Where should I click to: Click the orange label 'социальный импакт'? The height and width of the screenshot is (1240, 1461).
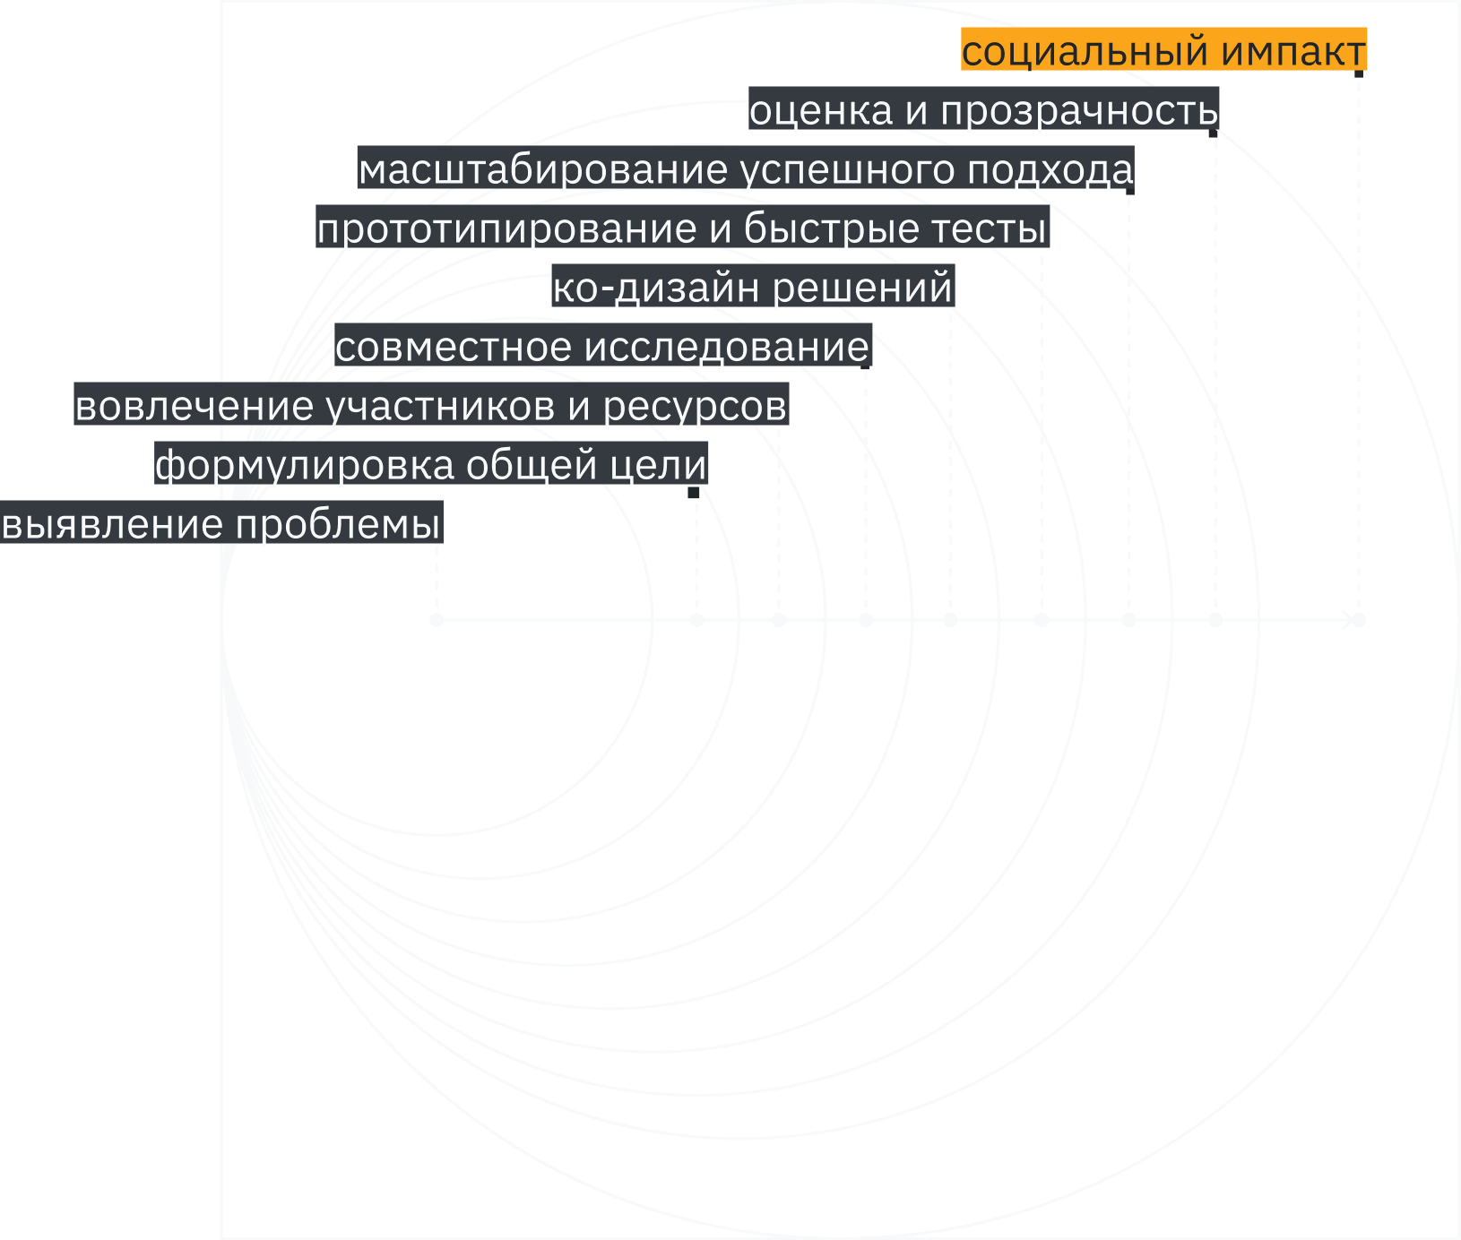(x=1163, y=50)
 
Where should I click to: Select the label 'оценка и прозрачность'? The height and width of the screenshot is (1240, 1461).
(x=983, y=109)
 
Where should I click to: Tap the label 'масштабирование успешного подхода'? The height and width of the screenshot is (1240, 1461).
(x=746, y=169)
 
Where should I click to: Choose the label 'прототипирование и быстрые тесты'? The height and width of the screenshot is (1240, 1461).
(x=681, y=228)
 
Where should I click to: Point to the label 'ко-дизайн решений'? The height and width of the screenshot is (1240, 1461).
(x=752, y=288)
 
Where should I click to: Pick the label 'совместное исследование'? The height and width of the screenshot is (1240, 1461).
(x=602, y=347)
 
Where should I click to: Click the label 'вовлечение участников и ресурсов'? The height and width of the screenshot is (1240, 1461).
(x=430, y=406)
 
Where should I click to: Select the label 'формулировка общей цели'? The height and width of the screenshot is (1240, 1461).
(x=431, y=465)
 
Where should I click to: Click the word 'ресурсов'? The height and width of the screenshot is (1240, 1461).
(x=695, y=406)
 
